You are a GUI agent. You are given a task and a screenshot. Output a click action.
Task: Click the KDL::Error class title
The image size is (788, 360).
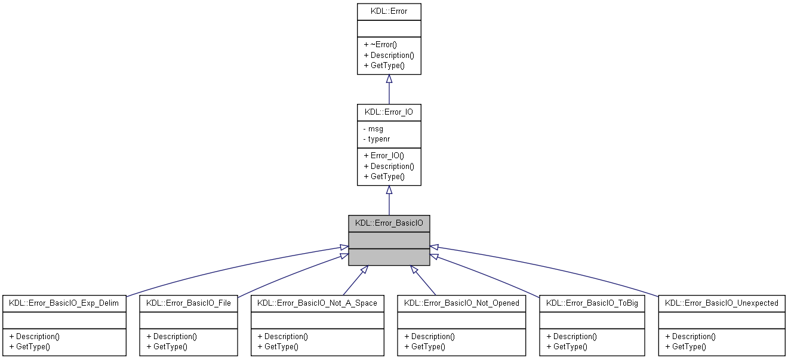(389, 11)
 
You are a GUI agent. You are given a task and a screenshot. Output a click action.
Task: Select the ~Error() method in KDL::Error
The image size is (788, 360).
(380, 44)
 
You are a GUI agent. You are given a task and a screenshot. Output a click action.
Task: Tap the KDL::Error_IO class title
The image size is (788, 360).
(389, 111)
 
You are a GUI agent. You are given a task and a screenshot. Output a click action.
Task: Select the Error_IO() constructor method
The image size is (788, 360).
(384, 155)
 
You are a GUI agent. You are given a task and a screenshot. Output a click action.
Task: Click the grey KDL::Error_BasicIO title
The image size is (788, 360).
(389, 223)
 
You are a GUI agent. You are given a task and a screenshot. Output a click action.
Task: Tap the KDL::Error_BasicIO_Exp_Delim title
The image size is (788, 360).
(64, 303)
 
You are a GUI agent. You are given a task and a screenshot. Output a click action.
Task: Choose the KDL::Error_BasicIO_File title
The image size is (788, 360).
(189, 303)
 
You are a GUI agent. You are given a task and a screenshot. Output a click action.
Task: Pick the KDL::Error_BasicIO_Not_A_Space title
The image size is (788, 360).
(317, 303)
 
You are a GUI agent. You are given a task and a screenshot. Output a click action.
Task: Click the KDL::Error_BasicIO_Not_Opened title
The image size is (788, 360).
(461, 303)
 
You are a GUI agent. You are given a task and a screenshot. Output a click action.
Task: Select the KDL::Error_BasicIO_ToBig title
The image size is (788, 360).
(592, 303)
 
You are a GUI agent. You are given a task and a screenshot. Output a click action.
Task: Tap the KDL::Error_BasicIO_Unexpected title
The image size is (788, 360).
(721, 303)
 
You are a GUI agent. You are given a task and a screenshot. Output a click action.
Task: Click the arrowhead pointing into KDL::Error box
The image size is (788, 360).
(389, 79)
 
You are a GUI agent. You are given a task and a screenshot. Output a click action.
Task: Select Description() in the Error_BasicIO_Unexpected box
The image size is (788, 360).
(690, 336)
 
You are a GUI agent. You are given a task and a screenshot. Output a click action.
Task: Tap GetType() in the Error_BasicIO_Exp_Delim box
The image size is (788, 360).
(29, 346)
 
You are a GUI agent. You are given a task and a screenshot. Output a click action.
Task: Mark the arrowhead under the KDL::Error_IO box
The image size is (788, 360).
(389, 190)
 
